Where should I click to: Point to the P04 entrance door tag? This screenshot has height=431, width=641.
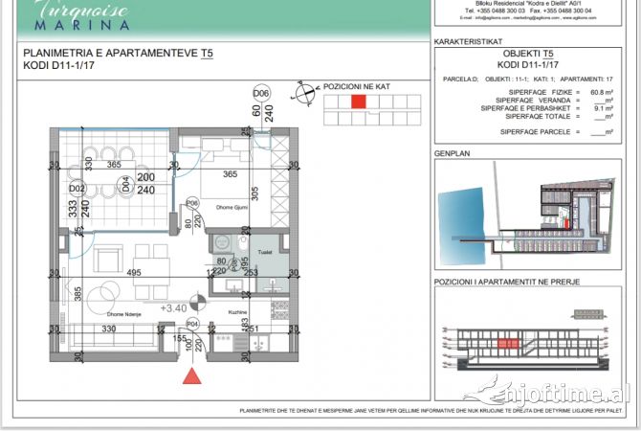[x=192, y=325]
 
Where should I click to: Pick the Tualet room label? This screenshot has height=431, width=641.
[x=265, y=253]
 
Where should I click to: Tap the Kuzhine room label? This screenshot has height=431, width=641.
[x=238, y=312]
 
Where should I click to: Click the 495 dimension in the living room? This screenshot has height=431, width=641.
[x=133, y=273]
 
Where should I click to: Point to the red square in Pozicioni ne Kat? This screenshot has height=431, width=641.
[x=358, y=102]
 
